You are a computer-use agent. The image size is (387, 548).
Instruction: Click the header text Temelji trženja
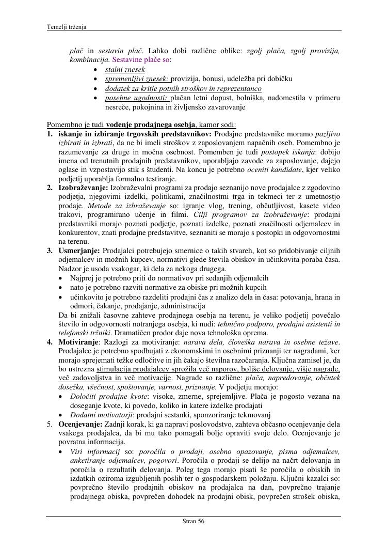(x=67, y=27)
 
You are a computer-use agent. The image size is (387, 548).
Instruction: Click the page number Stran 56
(x=193, y=521)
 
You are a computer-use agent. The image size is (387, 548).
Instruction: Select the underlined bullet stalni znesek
(x=125, y=69)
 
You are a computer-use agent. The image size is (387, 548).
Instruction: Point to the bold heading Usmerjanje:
(x=79, y=250)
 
